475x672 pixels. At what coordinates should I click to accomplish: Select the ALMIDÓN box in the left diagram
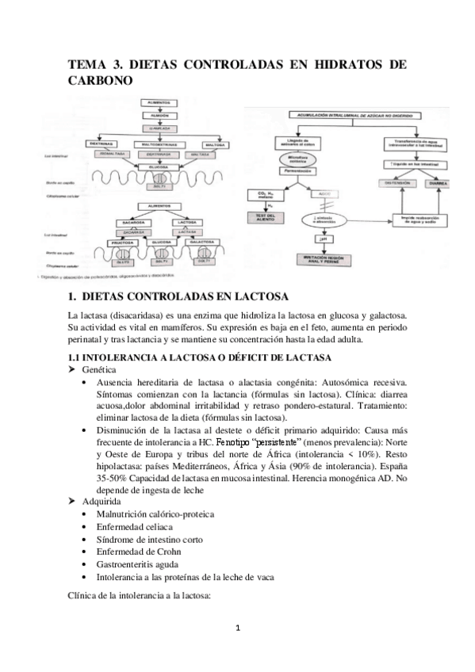(163, 115)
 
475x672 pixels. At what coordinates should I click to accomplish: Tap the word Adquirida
(105, 501)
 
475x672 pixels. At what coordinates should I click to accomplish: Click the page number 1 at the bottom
(237, 628)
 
